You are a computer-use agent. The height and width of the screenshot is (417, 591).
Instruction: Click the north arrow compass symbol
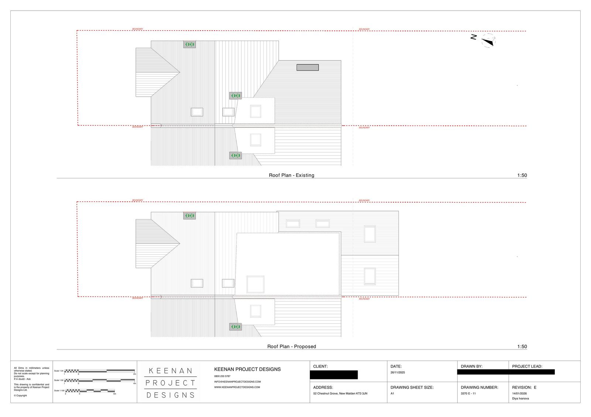click(488, 41)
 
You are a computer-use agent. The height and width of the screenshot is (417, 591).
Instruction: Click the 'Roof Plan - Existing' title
click(291, 175)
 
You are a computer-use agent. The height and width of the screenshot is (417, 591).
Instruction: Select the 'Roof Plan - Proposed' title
click(291, 347)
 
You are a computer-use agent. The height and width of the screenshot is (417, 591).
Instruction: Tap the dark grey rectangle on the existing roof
click(307, 68)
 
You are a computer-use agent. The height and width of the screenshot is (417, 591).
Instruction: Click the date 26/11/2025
click(398, 372)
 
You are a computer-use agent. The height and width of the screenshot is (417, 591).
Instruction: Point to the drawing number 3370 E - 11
click(468, 393)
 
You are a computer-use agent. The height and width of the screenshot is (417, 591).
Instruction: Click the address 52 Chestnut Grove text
click(340, 393)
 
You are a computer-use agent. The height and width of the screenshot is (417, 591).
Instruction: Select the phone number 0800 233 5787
click(222, 376)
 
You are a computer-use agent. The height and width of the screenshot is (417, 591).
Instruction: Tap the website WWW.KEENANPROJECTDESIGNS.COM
click(237, 387)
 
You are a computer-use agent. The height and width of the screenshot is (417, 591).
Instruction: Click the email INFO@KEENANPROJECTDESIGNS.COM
click(238, 382)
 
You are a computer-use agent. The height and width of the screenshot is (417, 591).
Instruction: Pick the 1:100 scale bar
click(90, 390)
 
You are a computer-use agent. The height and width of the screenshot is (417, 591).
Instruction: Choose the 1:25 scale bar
click(100, 371)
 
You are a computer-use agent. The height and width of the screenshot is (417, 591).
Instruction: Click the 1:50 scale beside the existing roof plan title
click(522, 175)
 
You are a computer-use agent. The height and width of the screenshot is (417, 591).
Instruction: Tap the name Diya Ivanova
click(520, 399)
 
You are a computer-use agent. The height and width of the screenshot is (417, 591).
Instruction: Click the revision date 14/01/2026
click(519, 393)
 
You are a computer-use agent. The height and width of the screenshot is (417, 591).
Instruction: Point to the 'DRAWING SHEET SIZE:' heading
click(412, 387)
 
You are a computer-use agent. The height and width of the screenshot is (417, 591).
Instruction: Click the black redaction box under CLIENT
click(334, 375)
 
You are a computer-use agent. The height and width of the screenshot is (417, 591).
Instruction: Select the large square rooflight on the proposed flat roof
click(256, 284)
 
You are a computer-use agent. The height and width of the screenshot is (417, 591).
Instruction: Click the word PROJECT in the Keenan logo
click(170, 383)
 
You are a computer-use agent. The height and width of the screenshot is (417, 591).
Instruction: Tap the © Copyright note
click(20, 396)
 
